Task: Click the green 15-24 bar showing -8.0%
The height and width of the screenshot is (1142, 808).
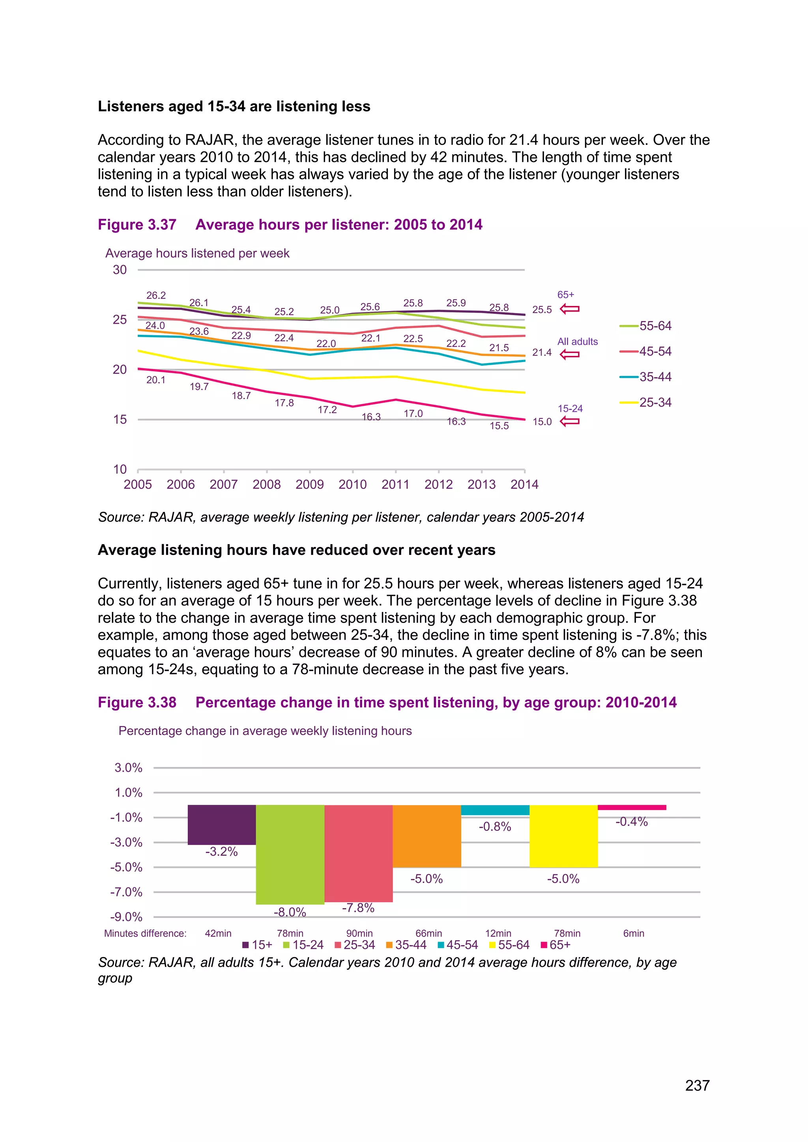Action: click(290, 854)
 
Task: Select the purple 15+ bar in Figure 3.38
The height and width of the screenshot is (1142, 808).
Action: click(221, 824)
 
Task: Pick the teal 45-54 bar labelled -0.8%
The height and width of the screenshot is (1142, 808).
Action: click(495, 810)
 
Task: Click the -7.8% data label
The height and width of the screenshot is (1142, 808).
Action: click(358, 908)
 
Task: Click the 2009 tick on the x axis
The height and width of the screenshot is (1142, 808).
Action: click(309, 485)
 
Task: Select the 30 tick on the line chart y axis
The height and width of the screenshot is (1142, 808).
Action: click(120, 270)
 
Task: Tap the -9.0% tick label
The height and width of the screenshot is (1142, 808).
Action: click(126, 917)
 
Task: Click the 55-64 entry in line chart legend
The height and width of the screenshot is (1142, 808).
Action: click(646, 326)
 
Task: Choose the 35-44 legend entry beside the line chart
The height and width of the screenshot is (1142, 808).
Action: click(646, 377)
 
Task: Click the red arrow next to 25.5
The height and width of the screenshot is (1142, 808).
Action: click(569, 310)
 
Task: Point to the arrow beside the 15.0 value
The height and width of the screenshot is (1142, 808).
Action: click(569, 422)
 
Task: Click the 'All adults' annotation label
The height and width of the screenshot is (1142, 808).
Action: click(577, 342)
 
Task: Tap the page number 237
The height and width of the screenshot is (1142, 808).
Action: click(697, 1085)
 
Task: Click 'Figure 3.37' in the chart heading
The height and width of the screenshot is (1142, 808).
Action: click(137, 225)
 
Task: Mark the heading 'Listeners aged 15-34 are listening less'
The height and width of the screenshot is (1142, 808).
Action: click(234, 106)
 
